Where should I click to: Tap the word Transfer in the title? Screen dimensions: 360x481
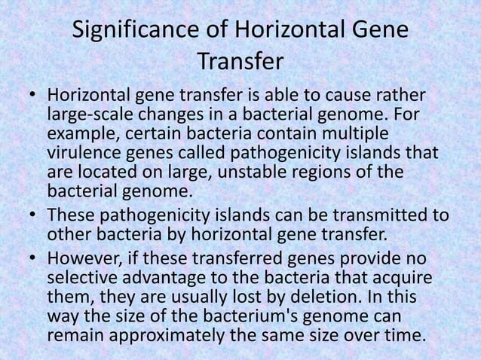240,60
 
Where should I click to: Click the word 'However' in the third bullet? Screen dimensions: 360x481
80,259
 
